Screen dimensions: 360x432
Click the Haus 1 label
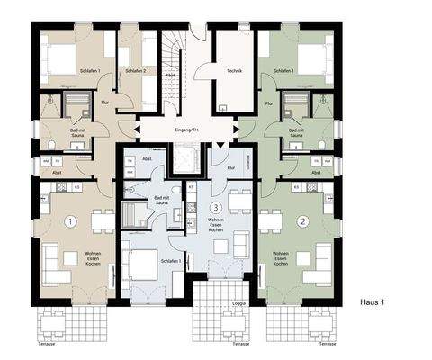tap(371, 303)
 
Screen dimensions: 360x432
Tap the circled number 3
tap(215, 208)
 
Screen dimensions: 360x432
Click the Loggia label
tap(238, 304)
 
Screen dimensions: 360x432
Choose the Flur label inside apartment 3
tap(230, 167)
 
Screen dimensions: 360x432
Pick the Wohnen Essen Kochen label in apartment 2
tap(281, 257)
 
